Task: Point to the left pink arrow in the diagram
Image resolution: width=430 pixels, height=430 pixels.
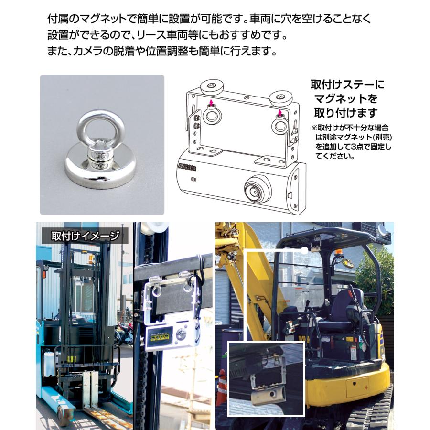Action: tap(211, 103)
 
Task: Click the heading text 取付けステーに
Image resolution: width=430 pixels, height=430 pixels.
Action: tap(347, 85)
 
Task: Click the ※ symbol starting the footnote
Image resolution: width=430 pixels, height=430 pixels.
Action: tap(314, 128)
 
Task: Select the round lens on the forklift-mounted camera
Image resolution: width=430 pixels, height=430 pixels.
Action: tap(182, 333)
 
